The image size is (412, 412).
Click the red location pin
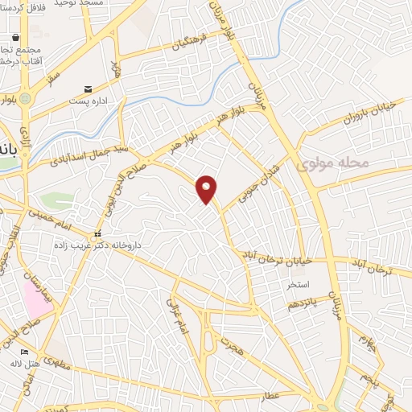click(208, 189)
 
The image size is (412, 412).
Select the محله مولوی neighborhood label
click(332, 163)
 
